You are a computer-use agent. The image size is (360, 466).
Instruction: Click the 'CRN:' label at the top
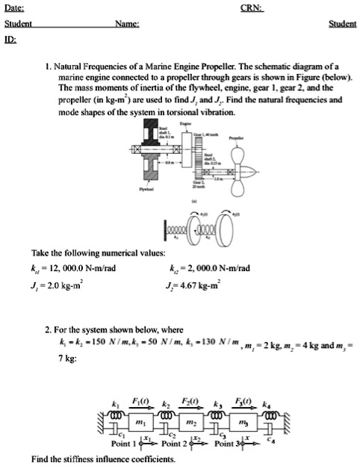(252, 7)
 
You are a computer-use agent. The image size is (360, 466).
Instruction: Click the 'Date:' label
(16, 7)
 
